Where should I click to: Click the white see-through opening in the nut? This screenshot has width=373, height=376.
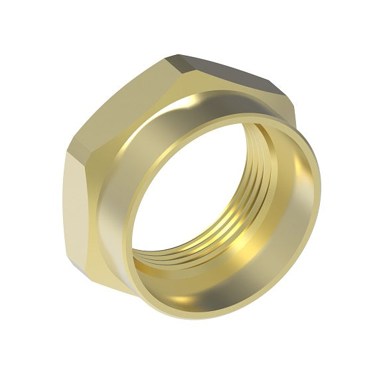point(192,199)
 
